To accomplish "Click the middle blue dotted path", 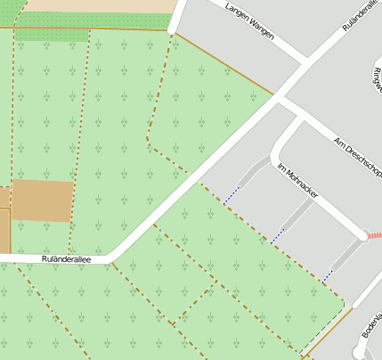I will tap(278, 236).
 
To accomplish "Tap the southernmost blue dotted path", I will tap(328, 276).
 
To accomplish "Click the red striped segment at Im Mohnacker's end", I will tap(374, 235).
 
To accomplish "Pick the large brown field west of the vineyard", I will tap(41, 200).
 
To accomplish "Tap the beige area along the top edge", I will tap(89, 5).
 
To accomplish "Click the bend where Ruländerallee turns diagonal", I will tap(112, 258).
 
